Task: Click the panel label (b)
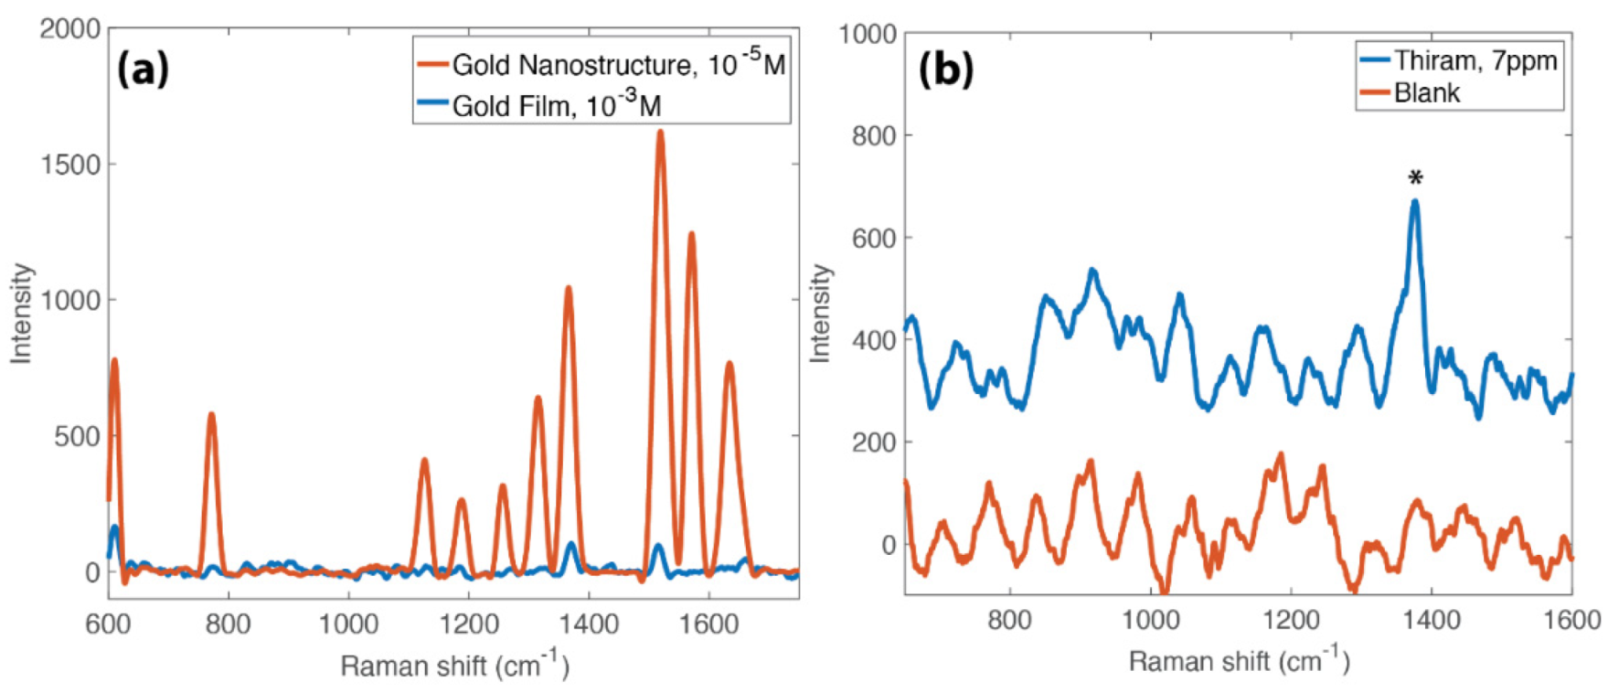click(x=945, y=69)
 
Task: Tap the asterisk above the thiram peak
click(x=1415, y=177)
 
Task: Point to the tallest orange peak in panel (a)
click(x=660, y=133)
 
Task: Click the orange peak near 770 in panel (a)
click(x=211, y=415)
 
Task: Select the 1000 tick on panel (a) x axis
click(x=348, y=624)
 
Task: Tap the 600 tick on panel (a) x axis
click(x=108, y=624)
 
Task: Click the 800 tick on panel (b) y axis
click(x=873, y=136)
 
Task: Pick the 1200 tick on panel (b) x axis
click(x=1291, y=621)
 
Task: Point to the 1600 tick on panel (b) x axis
click(x=1572, y=621)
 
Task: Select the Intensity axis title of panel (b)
click(x=821, y=314)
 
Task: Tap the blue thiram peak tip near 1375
click(x=1415, y=202)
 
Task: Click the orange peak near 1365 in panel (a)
click(x=568, y=289)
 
